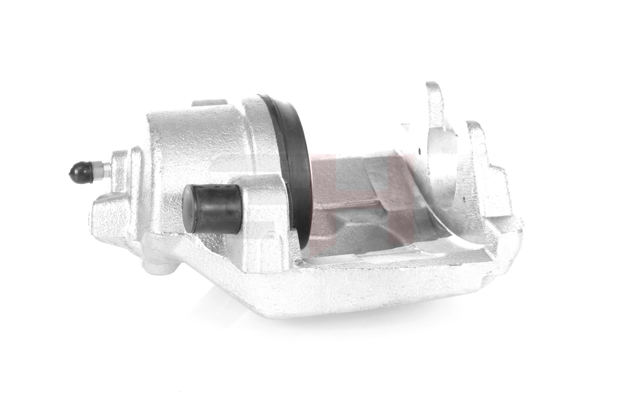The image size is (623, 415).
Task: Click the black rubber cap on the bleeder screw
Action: pyautogui.click(x=80, y=172)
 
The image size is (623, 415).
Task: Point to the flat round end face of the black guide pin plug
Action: pyautogui.click(x=189, y=209)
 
